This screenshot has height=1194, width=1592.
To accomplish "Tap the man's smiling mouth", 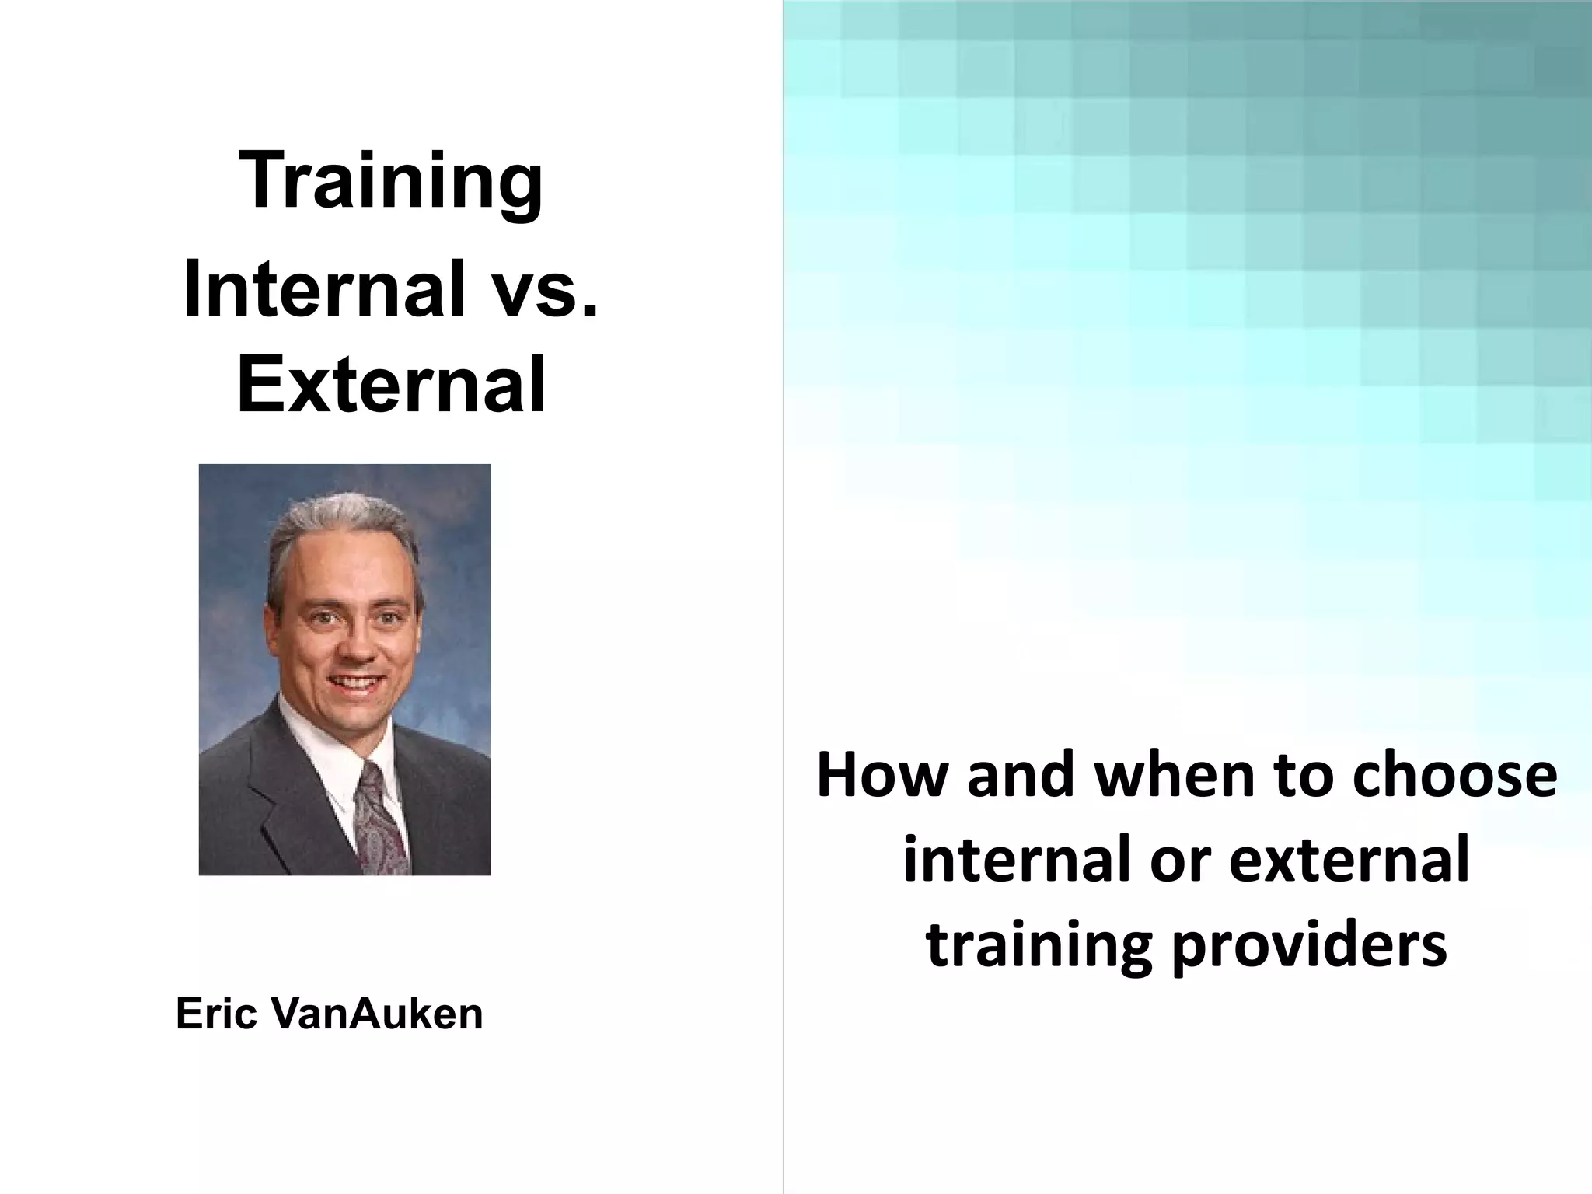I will coord(354,684).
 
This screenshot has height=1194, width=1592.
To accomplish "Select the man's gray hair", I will coord(342,529).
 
